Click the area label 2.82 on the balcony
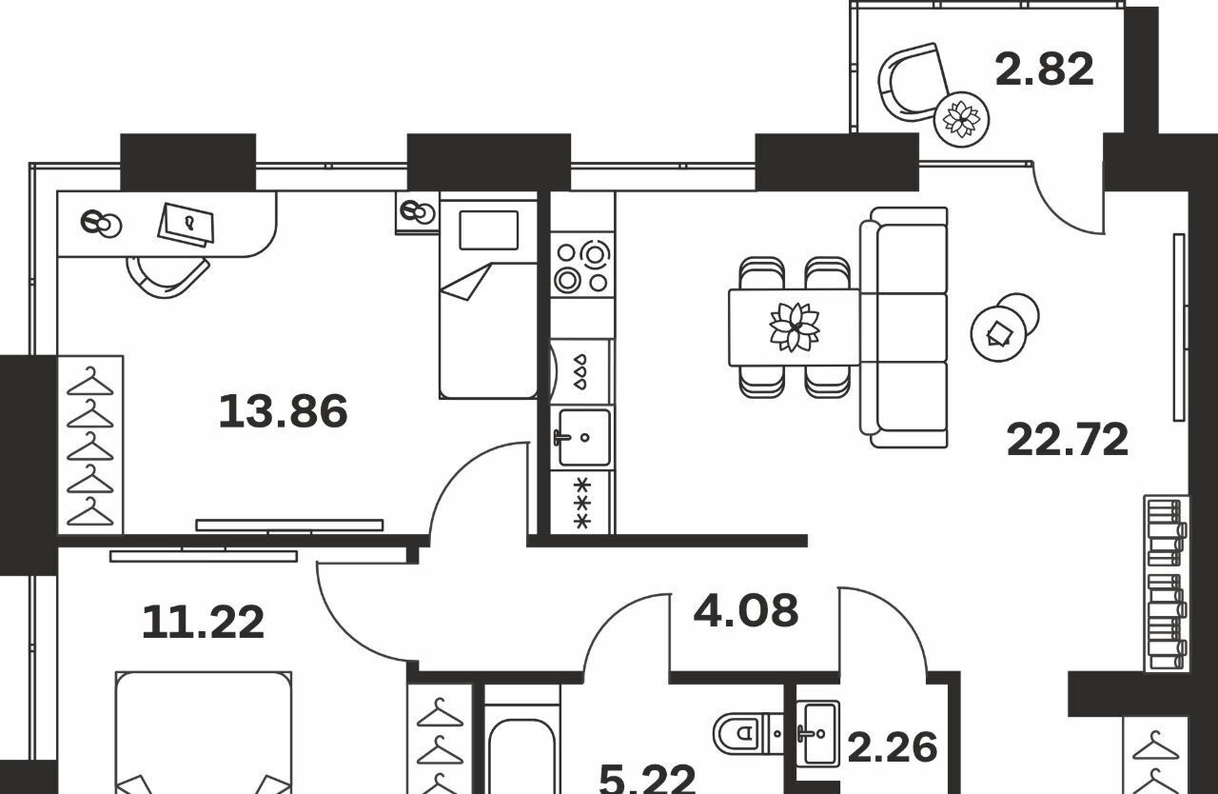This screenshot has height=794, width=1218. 1044,69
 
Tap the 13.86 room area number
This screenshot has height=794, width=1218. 283,411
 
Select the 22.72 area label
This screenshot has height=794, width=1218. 1068,440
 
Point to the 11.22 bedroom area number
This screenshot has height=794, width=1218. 203,622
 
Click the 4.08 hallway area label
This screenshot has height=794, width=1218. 746,609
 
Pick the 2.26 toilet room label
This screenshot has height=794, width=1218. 893,747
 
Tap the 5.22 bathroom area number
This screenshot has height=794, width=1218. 647,779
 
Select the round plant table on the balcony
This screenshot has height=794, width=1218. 961,119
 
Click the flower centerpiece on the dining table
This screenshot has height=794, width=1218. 795,327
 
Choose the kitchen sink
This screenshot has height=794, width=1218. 583,438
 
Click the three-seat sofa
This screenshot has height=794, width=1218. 904,327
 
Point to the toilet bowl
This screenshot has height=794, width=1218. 740,733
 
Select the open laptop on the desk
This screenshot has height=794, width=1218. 187,225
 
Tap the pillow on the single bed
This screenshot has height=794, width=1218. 488,230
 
